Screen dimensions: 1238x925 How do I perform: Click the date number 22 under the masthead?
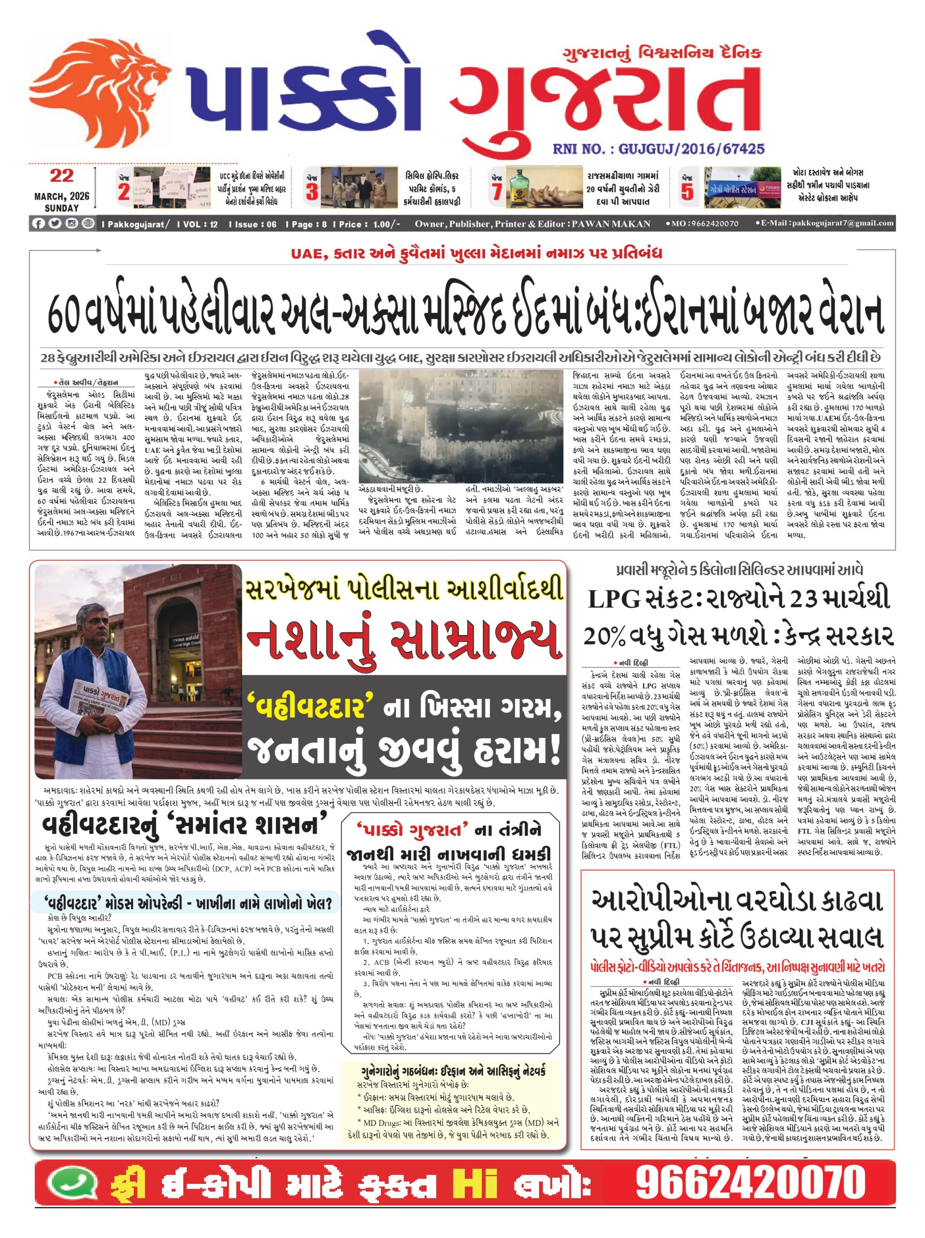pyautogui.click(x=61, y=177)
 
